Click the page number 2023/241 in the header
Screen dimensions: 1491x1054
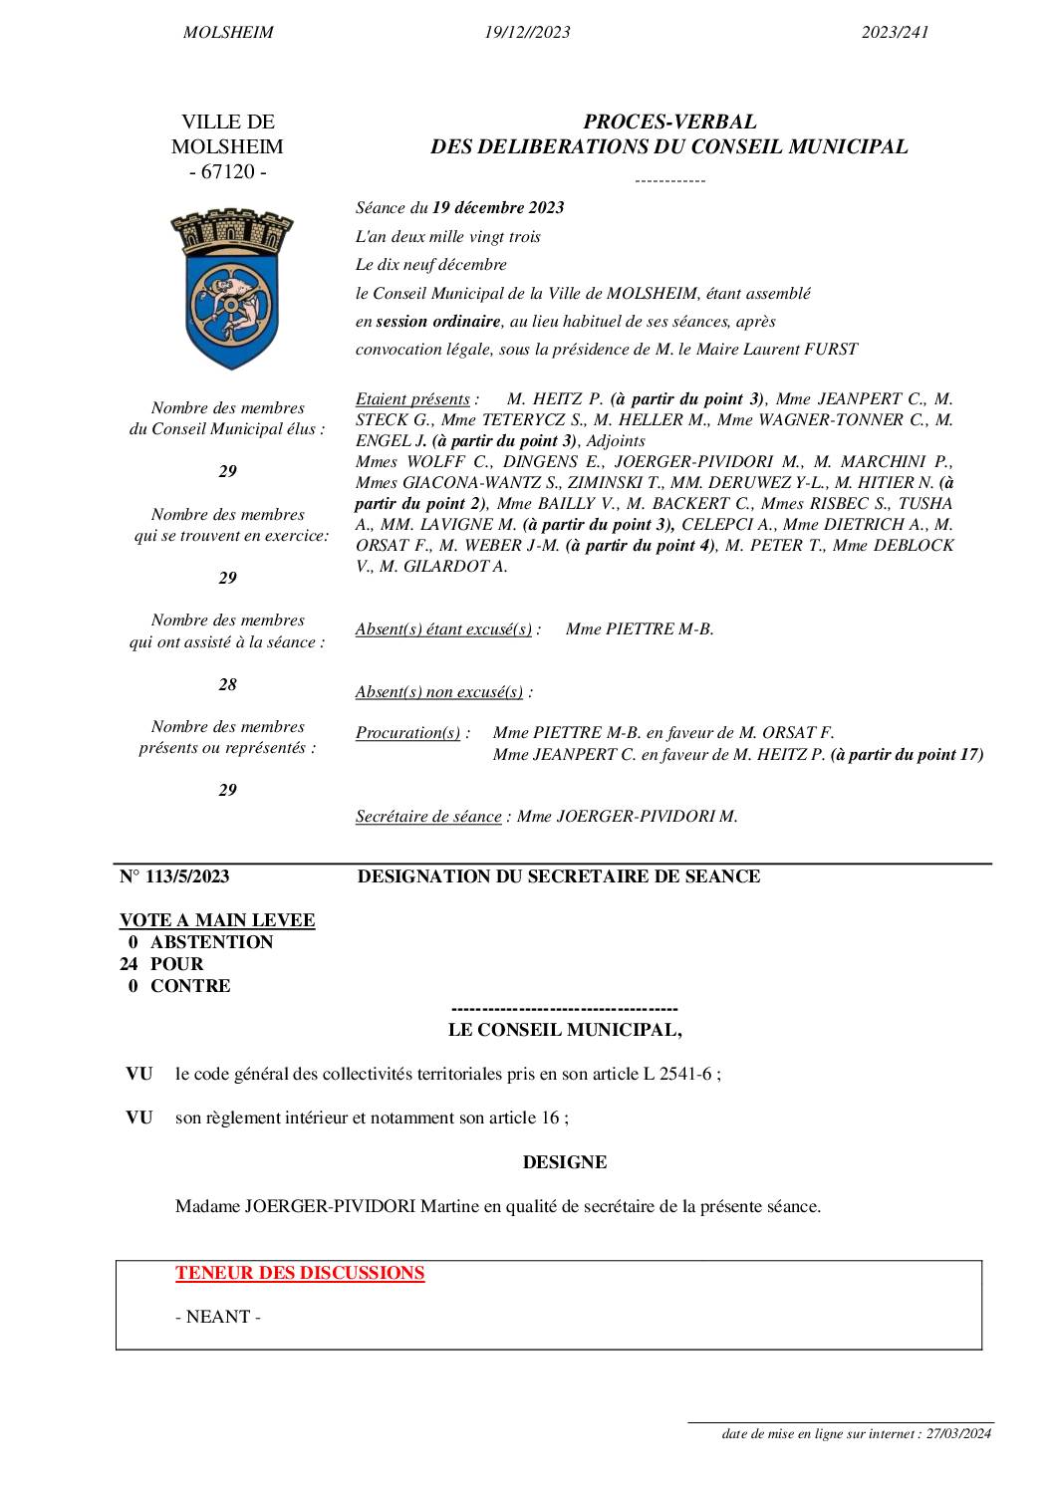pyautogui.click(x=895, y=33)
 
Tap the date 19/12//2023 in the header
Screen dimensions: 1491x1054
pyautogui.click(x=527, y=33)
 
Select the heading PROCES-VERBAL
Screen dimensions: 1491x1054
pyautogui.click(x=669, y=123)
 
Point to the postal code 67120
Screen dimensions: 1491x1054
pyautogui.click(x=228, y=172)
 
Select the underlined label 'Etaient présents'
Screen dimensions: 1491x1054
pyautogui.click(x=412, y=399)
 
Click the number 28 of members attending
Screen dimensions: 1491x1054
pyautogui.click(x=228, y=684)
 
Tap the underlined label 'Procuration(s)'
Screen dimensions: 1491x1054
pyautogui.click(x=407, y=733)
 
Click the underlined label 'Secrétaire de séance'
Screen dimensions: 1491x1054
pyautogui.click(x=428, y=817)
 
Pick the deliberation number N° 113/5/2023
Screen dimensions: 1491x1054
pyautogui.click(x=174, y=876)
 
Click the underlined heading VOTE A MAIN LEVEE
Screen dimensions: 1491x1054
pyautogui.click(x=217, y=920)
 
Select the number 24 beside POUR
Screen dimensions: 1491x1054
pyautogui.click(x=132, y=964)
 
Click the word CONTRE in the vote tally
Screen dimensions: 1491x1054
pyautogui.click(x=190, y=986)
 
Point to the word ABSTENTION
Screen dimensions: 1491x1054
pyautogui.click(x=211, y=942)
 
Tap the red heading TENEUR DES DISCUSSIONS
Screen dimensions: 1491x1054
pyautogui.click(x=300, y=1273)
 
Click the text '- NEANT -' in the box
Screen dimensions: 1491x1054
pyautogui.click(x=217, y=1317)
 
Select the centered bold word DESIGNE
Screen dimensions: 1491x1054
pyautogui.click(x=564, y=1162)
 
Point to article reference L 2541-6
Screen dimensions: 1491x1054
pyautogui.click(x=678, y=1075)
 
